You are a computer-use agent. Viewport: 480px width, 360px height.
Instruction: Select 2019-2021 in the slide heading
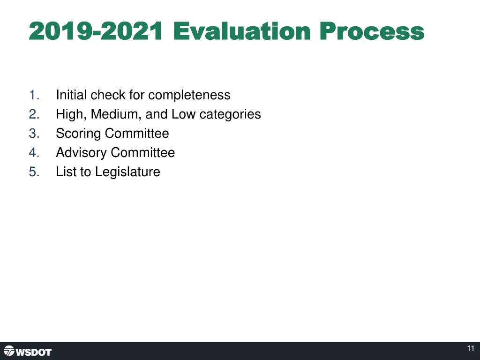pyautogui.click(x=96, y=32)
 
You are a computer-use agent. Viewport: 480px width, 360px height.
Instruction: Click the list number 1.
pyautogui.click(x=34, y=95)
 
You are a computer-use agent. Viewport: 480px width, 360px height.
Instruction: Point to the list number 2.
pyautogui.click(x=34, y=114)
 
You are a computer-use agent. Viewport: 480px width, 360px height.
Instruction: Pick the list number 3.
pyautogui.click(x=34, y=134)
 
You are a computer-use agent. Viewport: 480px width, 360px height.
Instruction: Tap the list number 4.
pyautogui.click(x=34, y=153)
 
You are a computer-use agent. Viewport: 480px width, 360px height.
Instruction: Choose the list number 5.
pyautogui.click(x=34, y=172)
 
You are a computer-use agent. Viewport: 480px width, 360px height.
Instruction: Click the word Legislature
pyautogui.click(x=127, y=172)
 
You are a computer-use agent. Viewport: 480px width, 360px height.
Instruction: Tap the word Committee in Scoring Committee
pyautogui.click(x=137, y=134)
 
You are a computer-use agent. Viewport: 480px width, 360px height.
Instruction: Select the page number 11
pyautogui.click(x=471, y=349)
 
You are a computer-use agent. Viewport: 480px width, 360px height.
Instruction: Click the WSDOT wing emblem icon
pyautogui.click(x=9, y=351)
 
